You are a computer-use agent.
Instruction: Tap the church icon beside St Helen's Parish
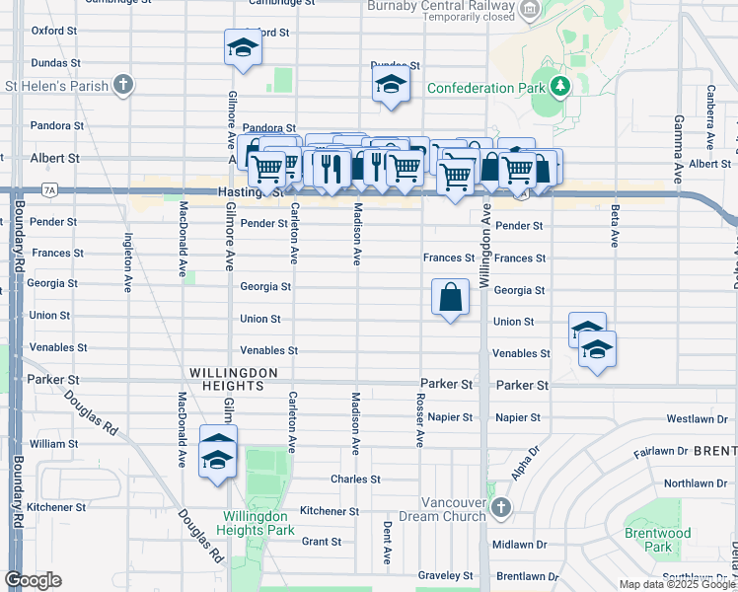click(123, 85)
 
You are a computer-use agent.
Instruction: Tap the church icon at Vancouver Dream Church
click(501, 508)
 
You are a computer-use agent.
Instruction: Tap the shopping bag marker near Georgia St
click(451, 296)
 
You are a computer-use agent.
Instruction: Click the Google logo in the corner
click(34, 580)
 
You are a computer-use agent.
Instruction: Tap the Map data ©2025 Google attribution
click(677, 584)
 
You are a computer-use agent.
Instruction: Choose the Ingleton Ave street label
click(127, 261)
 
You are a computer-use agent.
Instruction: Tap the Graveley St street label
click(444, 575)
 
